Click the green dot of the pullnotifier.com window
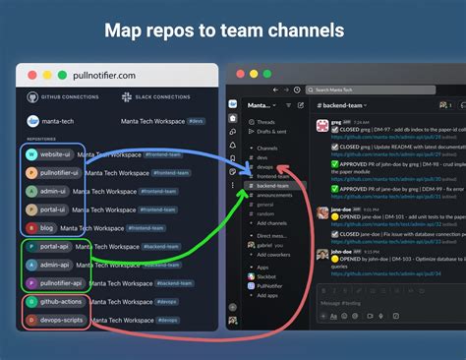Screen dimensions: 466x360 point(61,75)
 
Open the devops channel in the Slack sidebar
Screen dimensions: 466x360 point(265,166)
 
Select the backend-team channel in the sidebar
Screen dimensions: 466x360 point(272,185)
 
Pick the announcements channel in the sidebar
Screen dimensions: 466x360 point(275,195)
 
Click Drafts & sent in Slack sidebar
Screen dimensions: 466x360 point(271,131)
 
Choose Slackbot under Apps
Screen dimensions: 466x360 point(268,276)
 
